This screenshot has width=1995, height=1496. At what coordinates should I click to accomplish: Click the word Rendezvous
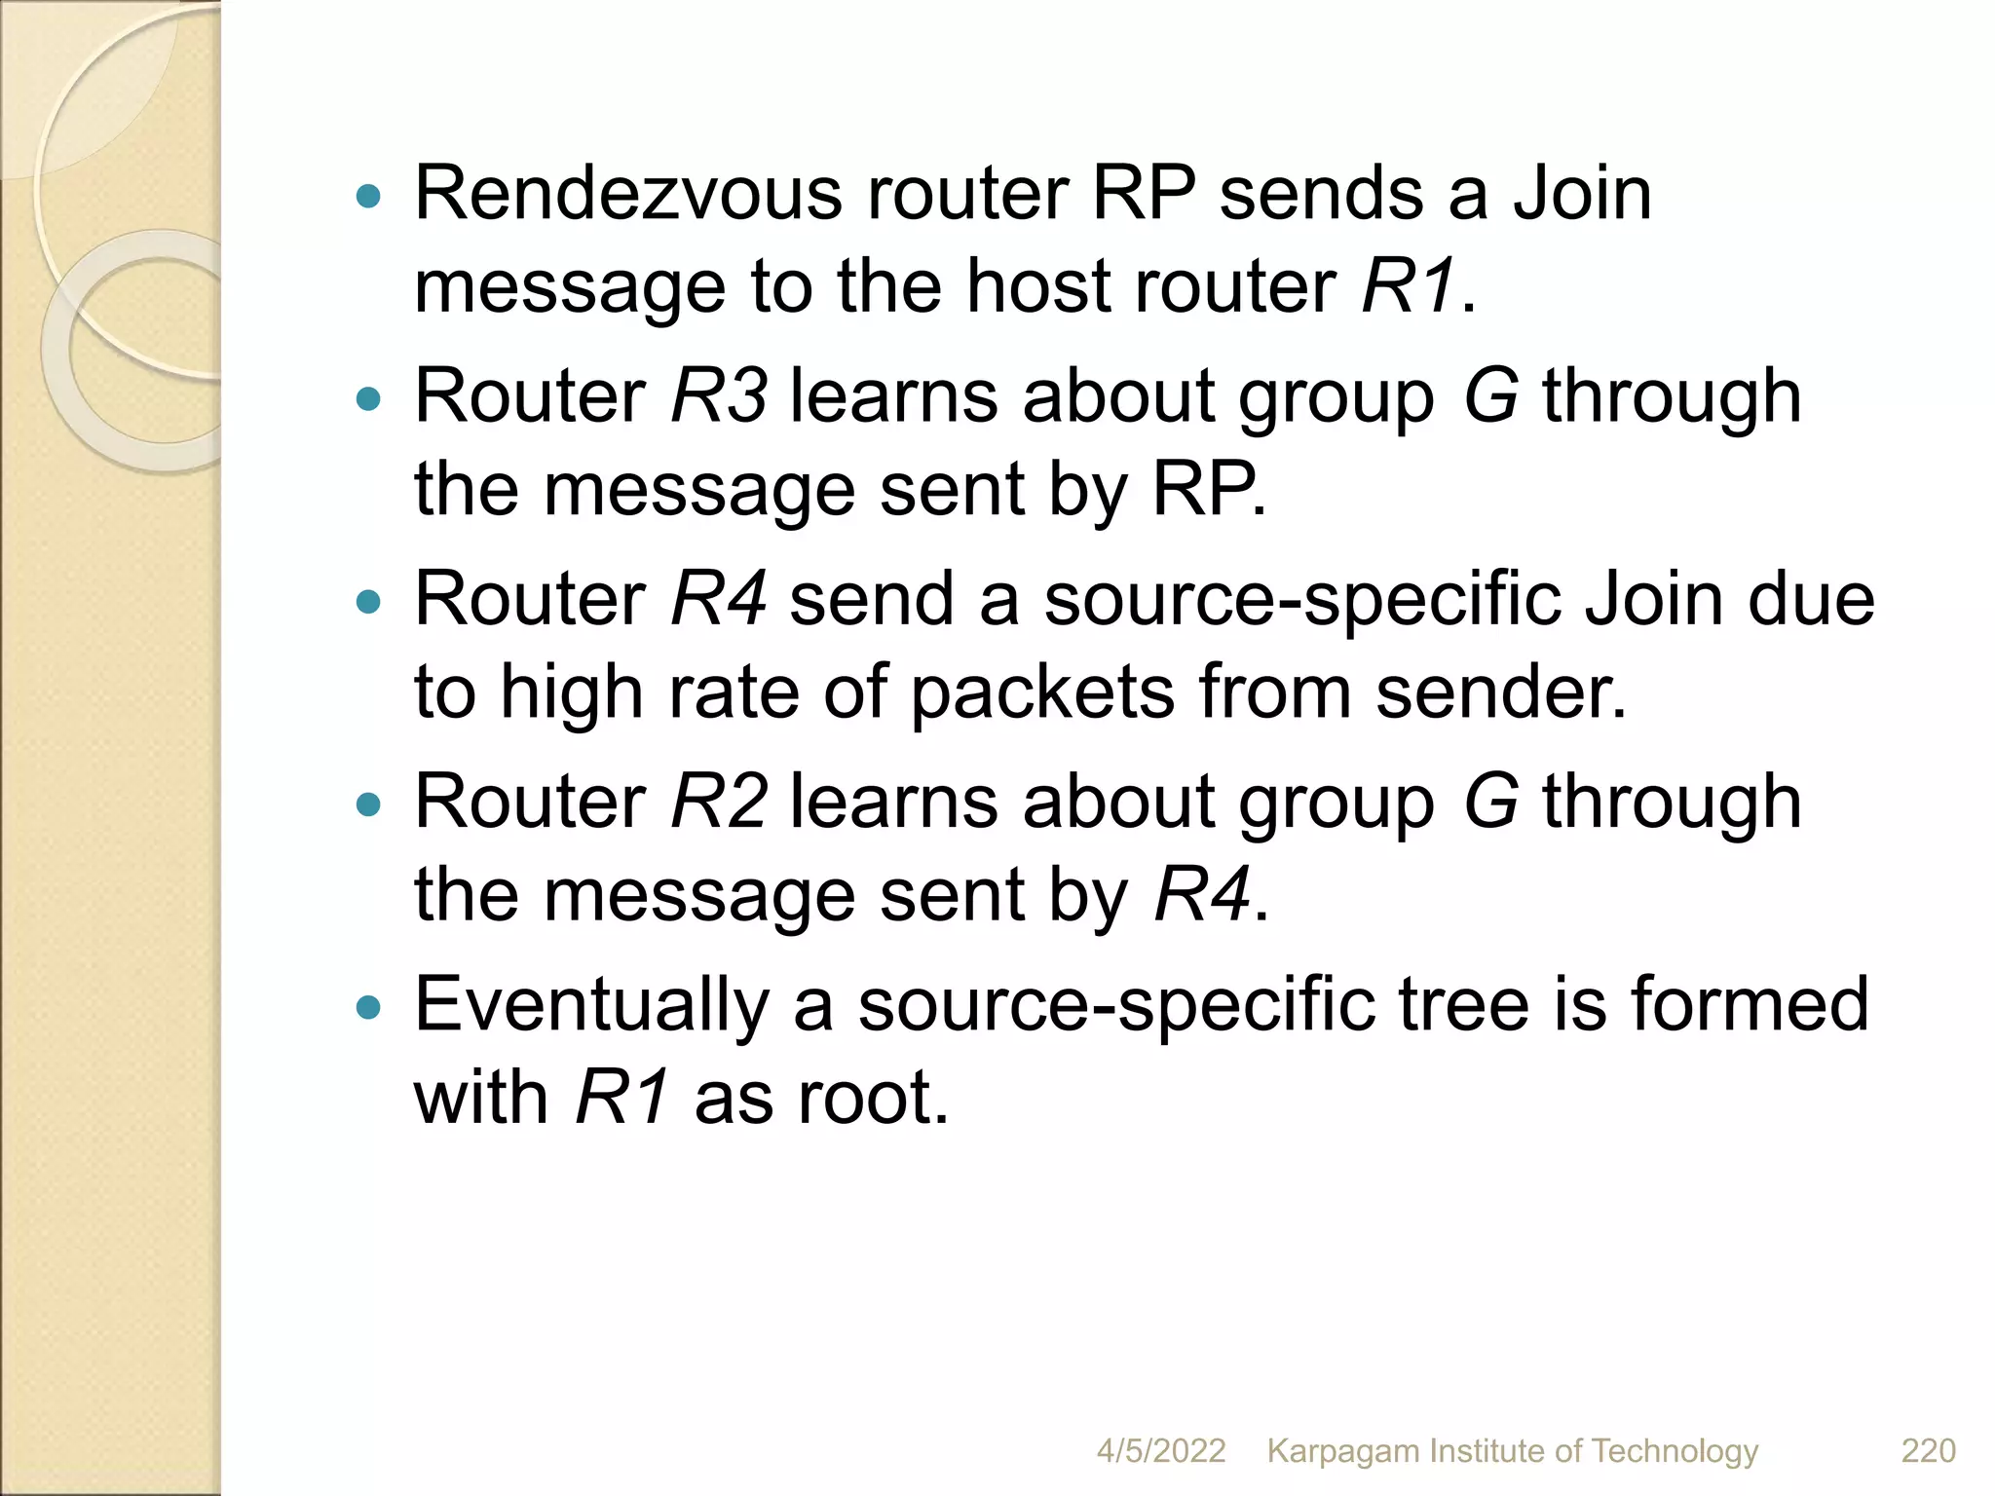coord(627,193)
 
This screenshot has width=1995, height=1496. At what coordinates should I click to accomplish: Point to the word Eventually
coord(591,1005)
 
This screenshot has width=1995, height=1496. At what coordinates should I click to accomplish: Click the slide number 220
coord(1928,1450)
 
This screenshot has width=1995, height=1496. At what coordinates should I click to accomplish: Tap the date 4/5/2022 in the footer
coord(1160,1450)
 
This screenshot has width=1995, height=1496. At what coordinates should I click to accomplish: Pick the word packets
coord(1042,693)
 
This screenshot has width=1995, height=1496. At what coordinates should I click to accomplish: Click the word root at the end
coord(872,1098)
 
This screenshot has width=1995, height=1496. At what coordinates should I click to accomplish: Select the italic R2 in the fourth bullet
coord(718,801)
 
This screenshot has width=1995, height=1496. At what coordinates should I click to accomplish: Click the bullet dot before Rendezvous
coord(368,198)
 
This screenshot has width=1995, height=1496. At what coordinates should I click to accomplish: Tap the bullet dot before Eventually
coord(368,1007)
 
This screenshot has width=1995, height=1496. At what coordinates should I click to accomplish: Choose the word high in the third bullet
coord(571,693)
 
